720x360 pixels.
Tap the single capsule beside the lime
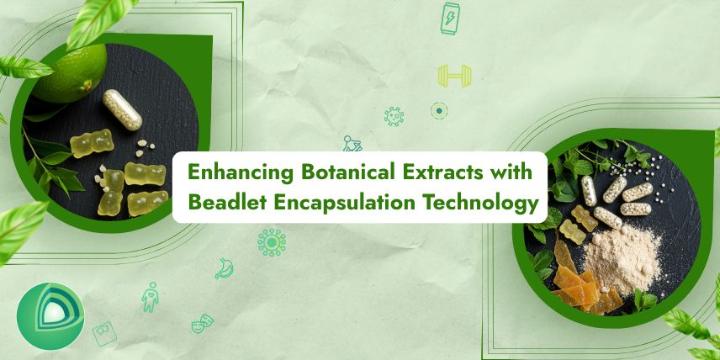[122, 109]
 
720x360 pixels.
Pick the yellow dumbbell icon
[454, 76]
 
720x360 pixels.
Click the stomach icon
[224, 268]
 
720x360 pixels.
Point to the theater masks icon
[202, 323]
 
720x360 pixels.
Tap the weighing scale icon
[104, 334]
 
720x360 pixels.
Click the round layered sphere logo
[50, 316]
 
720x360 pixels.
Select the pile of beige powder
[623, 258]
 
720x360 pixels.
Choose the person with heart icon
[150, 297]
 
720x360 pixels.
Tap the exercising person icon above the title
[352, 144]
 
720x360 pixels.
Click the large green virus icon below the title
[272, 242]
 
